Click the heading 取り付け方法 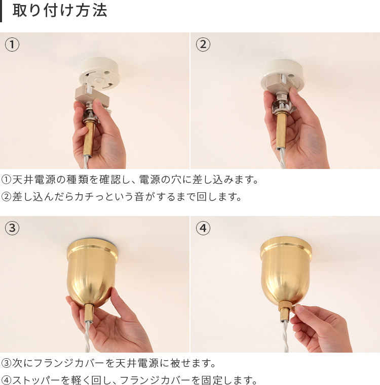pyautogui.click(x=60, y=11)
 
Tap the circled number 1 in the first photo pyautogui.click(x=12, y=45)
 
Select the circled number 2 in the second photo pyautogui.click(x=203, y=45)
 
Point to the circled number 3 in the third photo pyautogui.click(x=12, y=228)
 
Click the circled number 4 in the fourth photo pyautogui.click(x=203, y=228)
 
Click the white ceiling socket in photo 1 pyautogui.click(x=99, y=73)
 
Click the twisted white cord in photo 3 pyautogui.click(x=88, y=336)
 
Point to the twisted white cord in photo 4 pyautogui.click(x=285, y=336)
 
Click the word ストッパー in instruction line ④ pyautogui.click(x=36, y=380)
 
